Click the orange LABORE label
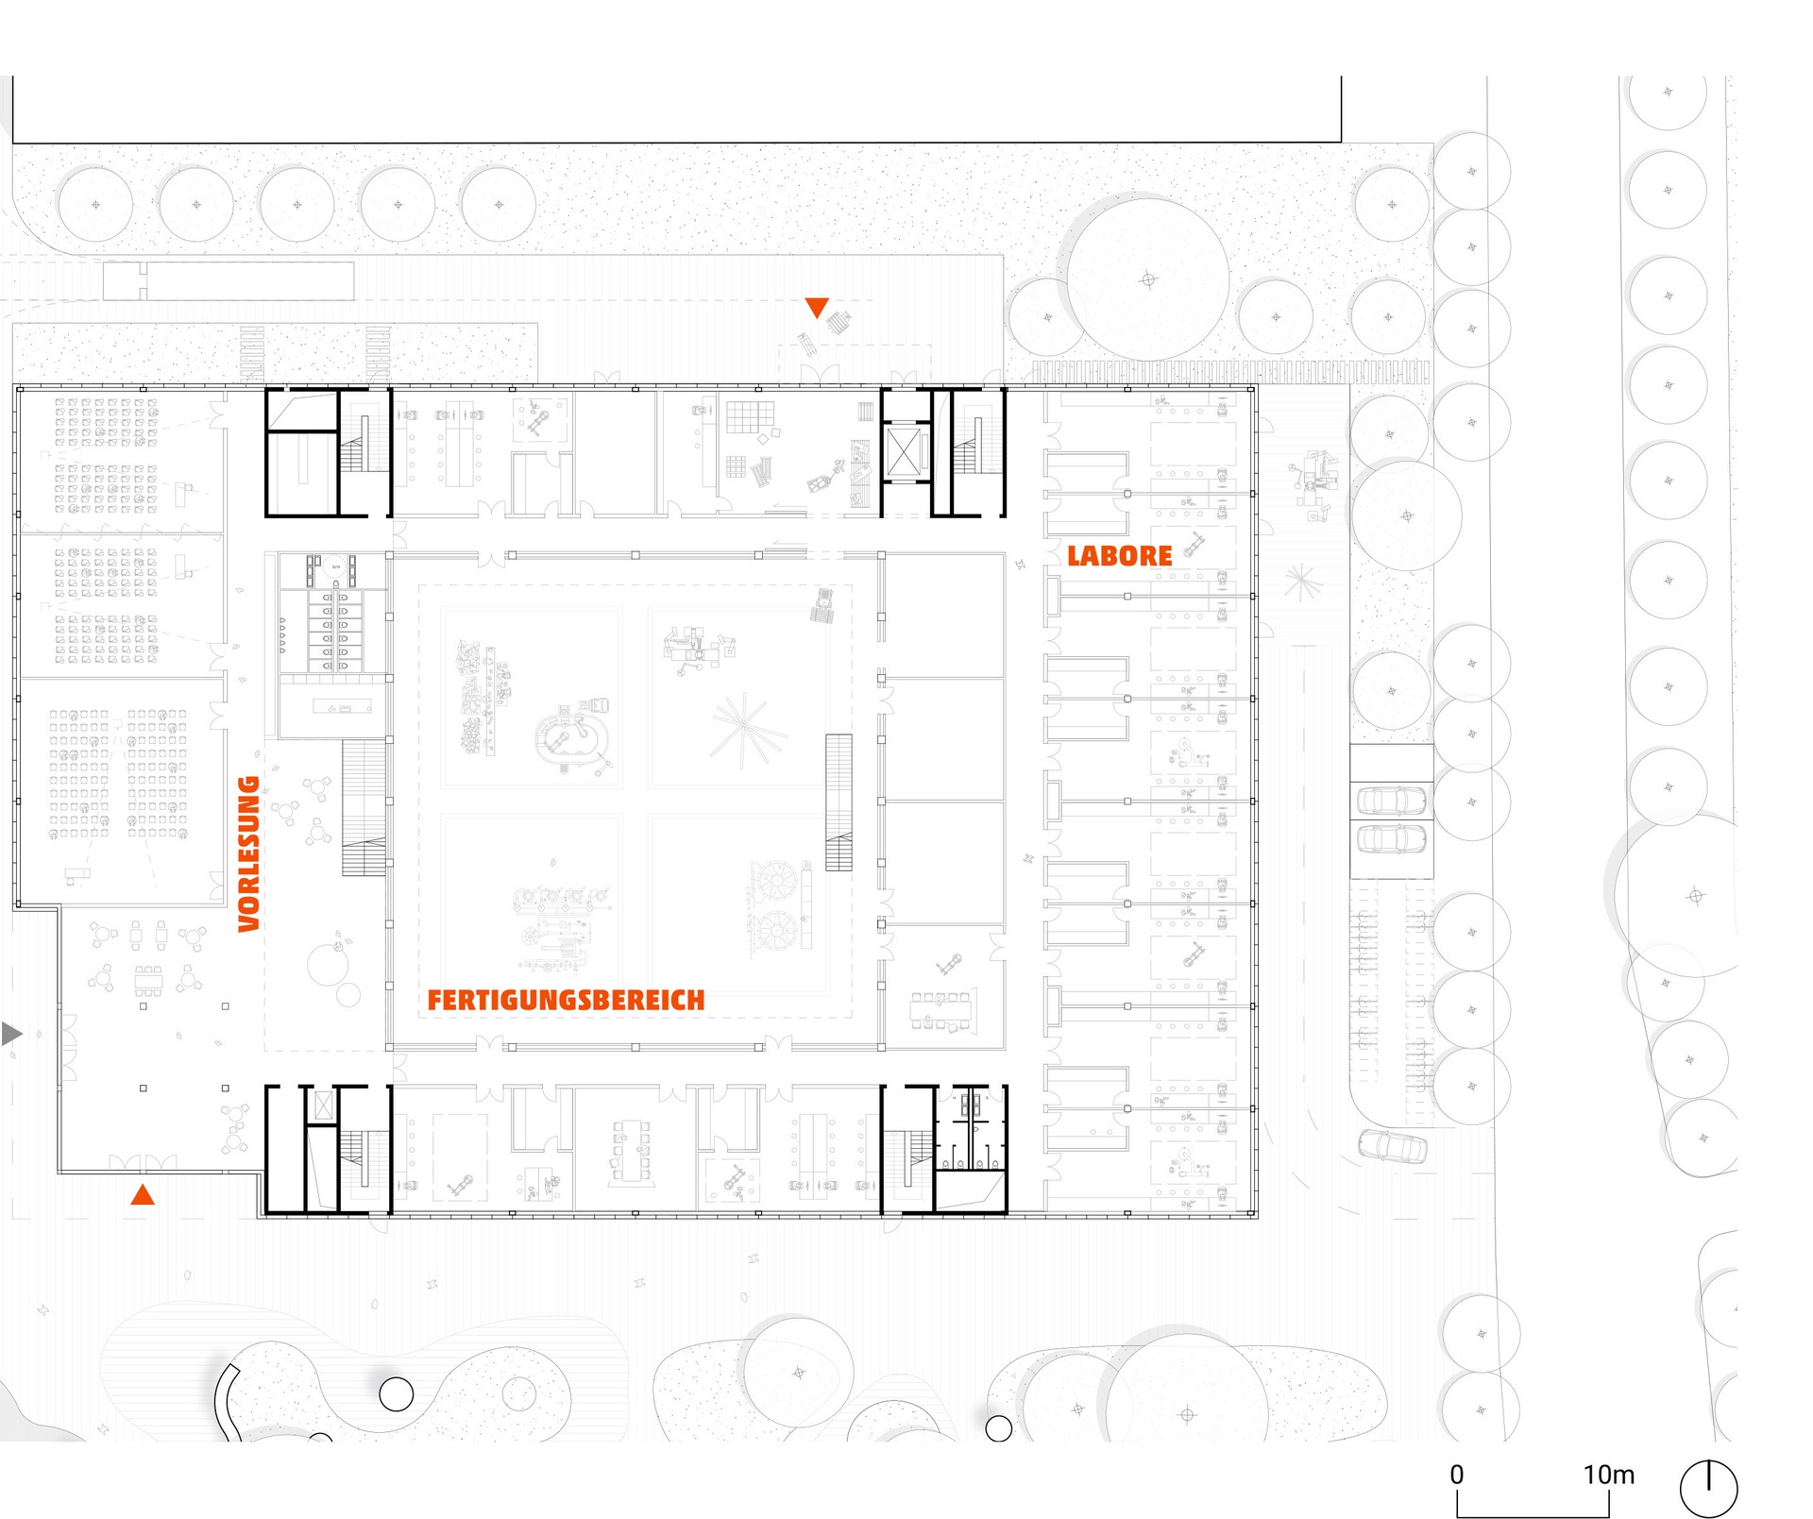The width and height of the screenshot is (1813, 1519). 1120,556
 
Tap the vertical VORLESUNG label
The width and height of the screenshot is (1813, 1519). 249,853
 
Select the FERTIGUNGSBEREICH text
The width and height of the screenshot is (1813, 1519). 567,1001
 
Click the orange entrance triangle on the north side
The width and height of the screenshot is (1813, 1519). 817,308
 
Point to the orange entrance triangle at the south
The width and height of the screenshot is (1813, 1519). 143,1194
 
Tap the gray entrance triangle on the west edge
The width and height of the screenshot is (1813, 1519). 11,1034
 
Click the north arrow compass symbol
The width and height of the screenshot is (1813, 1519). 1708,1489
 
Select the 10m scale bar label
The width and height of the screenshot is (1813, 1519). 1609,1475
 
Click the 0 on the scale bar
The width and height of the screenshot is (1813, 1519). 1457,1475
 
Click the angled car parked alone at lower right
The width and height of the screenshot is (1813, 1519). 1393,1146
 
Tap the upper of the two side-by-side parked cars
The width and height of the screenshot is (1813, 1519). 1391,801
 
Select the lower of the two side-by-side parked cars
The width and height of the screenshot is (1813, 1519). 1391,837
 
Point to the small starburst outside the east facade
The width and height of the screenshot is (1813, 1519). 1300,582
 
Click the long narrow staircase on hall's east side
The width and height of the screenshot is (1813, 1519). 839,802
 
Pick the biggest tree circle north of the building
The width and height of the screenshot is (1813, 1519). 1148,279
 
